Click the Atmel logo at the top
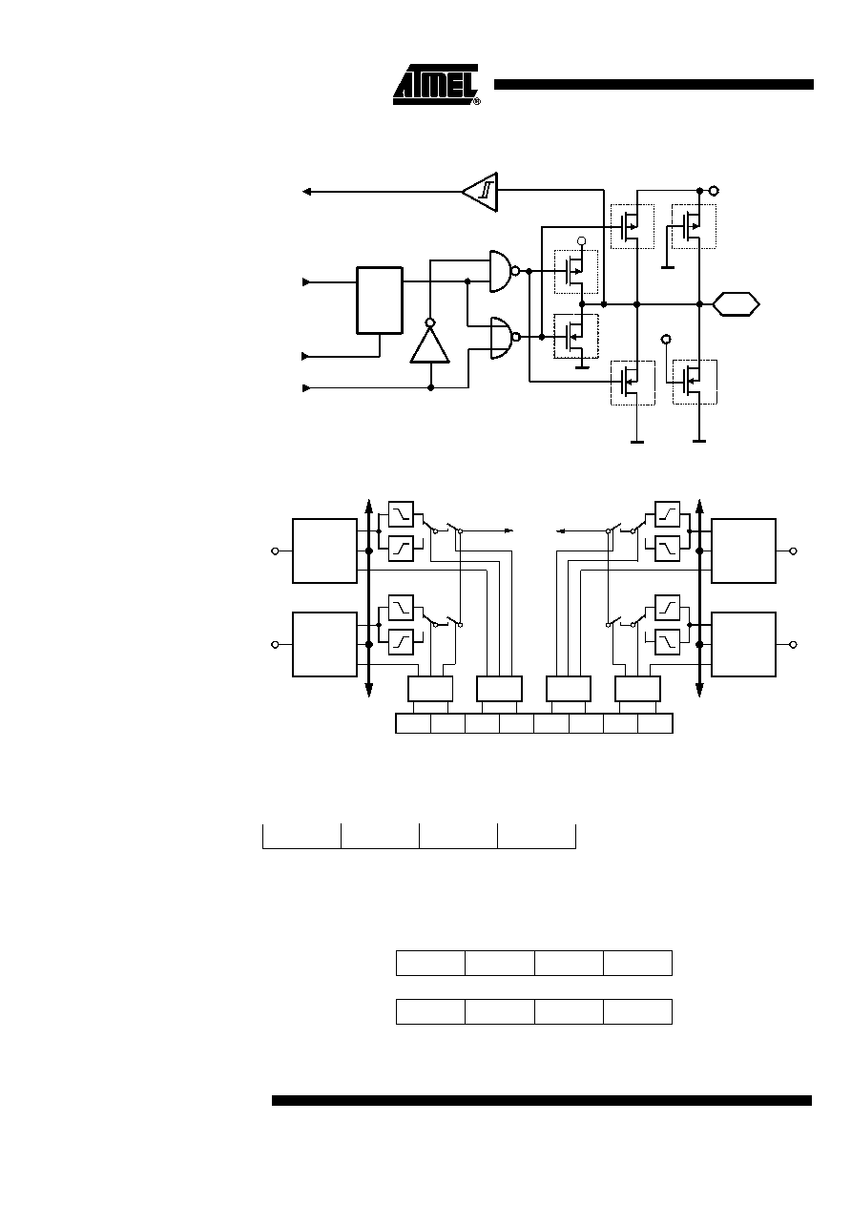tap(436, 85)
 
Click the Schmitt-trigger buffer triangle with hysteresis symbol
tap(481, 192)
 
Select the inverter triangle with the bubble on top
tap(430, 344)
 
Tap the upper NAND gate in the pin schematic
tap(502, 271)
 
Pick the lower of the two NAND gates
tap(502, 338)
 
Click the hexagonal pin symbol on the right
tap(736, 304)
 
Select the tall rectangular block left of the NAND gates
tap(380, 301)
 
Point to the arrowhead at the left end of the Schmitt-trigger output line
tap(306, 192)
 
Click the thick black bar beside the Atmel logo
tap(654, 85)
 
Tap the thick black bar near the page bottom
tap(542, 1100)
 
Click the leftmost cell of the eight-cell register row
tap(413, 723)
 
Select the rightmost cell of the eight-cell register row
tap(655, 723)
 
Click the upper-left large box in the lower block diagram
tap(325, 551)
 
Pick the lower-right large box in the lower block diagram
tap(743, 644)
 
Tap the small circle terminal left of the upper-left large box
tap(275, 551)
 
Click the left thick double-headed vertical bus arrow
tap(369, 597)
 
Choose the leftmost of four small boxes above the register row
tap(430, 689)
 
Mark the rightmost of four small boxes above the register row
tap(637, 689)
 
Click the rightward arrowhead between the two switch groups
tap(509, 531)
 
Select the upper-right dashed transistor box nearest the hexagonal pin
tap(694, 226)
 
